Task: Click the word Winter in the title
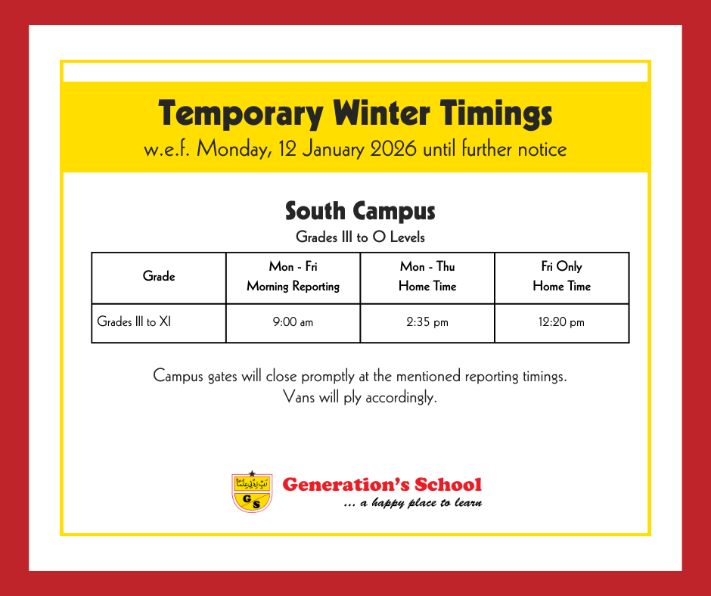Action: (381, 113)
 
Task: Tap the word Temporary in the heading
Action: (241, 114)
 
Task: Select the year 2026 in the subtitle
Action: (393, 149)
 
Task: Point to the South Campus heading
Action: (360, 211)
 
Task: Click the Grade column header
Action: (159, 276)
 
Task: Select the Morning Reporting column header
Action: (293, 276)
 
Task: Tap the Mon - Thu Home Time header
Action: (427, 276)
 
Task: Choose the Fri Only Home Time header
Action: (562, 276)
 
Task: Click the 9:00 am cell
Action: (293, 322)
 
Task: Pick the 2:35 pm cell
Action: (427, 322)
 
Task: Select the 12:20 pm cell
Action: (561, 322)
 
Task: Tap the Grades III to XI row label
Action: (134, 321)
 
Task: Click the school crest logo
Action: (252, 492)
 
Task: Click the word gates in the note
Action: (222, 377)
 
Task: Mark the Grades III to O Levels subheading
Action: (360, 237)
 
